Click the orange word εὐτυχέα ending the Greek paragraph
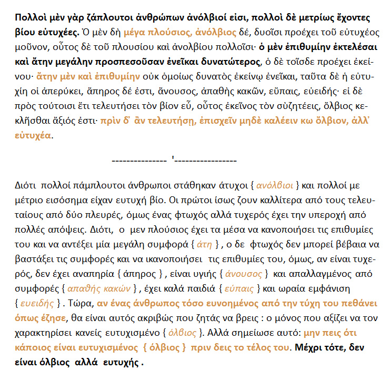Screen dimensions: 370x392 coord(34,135)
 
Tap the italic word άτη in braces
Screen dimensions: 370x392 coord(204,244)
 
